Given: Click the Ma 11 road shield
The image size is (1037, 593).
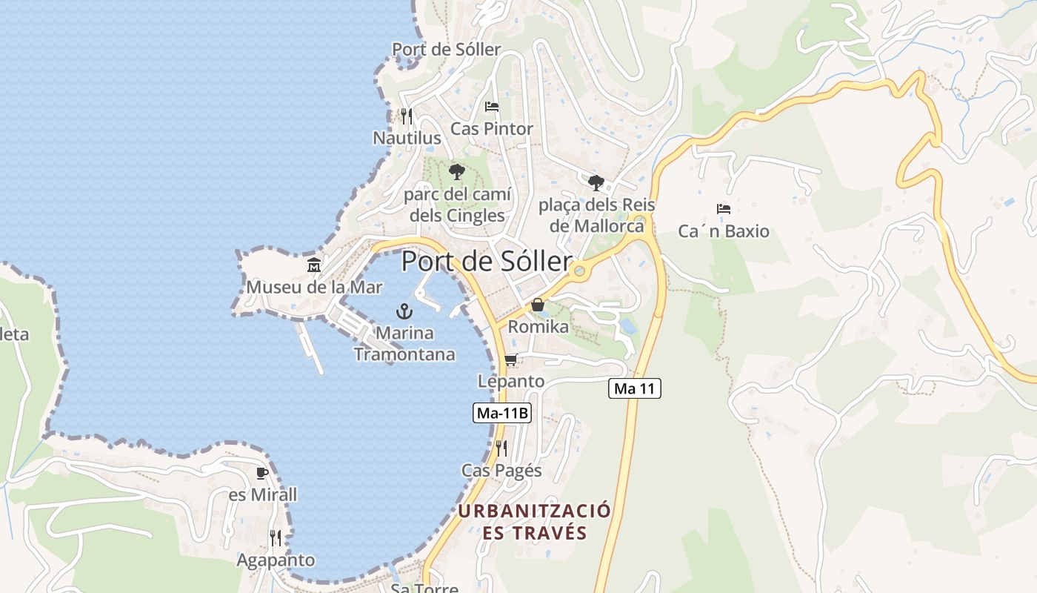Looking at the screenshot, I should pyautogui.click(x=634, y=388).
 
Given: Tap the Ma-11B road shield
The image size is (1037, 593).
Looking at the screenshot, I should pyautogui.click(x=502, y=413).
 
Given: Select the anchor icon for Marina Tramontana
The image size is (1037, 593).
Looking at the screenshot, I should pyautogui.click(x=404, y=311).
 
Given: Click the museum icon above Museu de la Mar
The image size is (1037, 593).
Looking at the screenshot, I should pyautogui.click(x=314, y=265).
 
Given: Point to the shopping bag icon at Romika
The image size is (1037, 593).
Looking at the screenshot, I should pyautogui.click(x=537, y=305).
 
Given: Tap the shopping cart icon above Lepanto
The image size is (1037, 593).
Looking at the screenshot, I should pyautogui.click(x=510, y=360).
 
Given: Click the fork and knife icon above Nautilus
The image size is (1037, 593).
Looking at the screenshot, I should pyautogui.click(x=406, y=116).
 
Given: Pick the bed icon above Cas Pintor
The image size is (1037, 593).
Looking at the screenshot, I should pyautogui.click(x=492, y=107).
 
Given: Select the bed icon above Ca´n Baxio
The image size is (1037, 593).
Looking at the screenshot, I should pyautogui.click(x=724, y=209).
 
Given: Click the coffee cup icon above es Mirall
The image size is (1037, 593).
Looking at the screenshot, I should pyautogui.click(x=261, y=472).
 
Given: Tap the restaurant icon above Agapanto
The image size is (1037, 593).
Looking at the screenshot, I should pyautogui.click(x=276, y=537).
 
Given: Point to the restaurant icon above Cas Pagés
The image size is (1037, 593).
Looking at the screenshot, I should pyautogui.click(x=501, y=448).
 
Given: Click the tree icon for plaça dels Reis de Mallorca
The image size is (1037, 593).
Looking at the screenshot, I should pyautogui.click(x=596, y=182).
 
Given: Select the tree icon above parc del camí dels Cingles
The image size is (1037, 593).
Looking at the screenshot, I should pyautogui.click(x=457, y=172).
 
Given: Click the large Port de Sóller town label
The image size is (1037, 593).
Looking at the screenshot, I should pyautogui.click(x=487, y=262).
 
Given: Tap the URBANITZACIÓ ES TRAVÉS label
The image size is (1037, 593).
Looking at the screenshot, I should pyautogui.click(x=534, y=521).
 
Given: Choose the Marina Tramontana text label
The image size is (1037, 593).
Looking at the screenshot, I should pyautogui.click(x=404, y=343).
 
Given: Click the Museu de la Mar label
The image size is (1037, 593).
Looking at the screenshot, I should pyautogui.click(x=314, y=287).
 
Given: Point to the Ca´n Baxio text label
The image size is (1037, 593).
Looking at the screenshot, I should pyautogui.click(x=724, y=231).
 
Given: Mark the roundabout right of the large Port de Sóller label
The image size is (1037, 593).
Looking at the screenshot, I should pyautogui.click(x=579, y=271).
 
